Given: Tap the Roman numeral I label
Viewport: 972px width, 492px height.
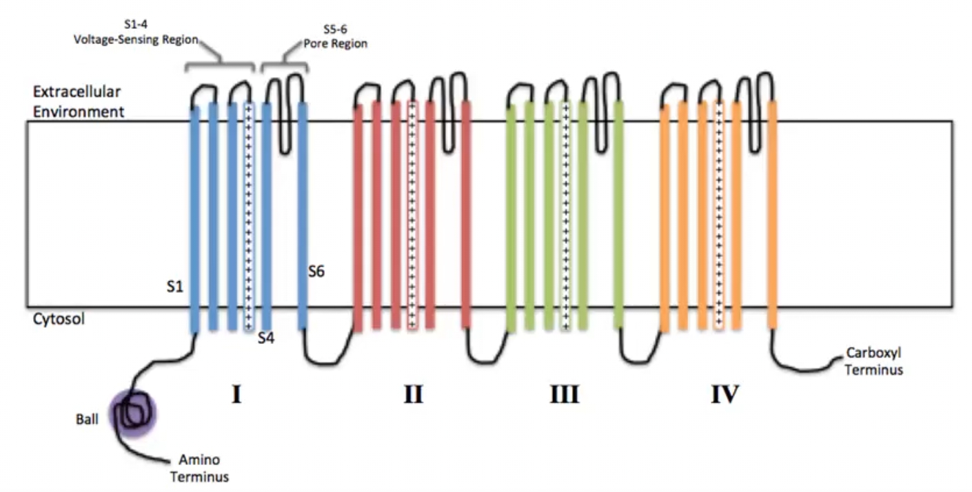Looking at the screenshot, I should (236, 395).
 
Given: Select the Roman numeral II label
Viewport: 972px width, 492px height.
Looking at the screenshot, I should (413, 395).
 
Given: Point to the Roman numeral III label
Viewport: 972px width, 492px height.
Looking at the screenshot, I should (564, 395).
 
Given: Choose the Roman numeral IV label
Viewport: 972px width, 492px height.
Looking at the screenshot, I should (725, 395).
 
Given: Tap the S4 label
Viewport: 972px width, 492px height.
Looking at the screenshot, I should (266, 338).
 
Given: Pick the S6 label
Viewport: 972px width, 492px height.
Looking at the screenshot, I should (316, 271).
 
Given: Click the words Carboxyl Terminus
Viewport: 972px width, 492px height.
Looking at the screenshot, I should (873, 361).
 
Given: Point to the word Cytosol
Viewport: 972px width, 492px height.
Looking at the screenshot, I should (59, 320).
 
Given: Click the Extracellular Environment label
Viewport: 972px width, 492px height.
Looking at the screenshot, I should (79, 101).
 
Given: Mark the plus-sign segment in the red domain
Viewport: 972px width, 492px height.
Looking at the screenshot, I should (412, 214).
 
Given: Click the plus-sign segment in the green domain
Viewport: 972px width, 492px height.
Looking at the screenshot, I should (565, 214).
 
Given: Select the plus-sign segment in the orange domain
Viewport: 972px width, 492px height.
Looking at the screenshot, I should (718, 214).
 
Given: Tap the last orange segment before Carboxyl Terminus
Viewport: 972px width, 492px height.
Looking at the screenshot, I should (772, 214).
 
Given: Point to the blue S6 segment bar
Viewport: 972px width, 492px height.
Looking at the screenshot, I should (302, 214).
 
